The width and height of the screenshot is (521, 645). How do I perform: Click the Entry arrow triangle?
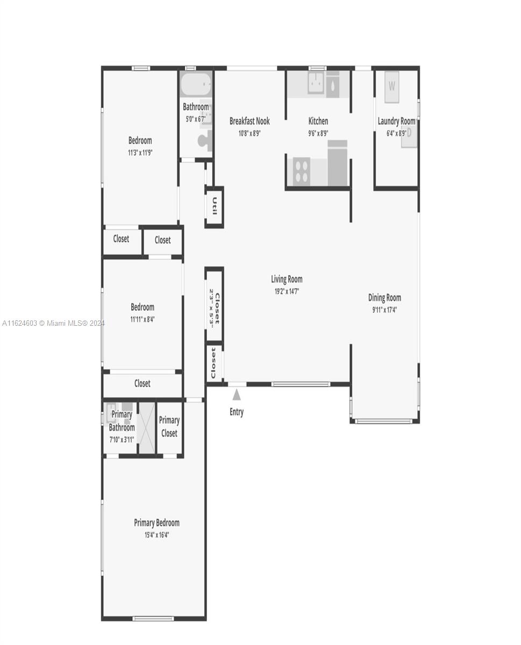[236, 395]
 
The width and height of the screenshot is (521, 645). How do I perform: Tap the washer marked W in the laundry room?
[391, 87]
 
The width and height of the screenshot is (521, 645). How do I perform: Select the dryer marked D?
[409, 134]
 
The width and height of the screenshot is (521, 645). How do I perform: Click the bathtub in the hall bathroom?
[196, 84]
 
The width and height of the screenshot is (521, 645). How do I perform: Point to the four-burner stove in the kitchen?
[302, 171]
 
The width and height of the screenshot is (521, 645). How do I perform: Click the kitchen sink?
[316, 82]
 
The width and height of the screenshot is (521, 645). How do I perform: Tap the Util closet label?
[215, 206]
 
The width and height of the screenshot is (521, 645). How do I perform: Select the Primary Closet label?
[169, 426]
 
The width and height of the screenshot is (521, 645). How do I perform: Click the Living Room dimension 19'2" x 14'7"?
[287, 291]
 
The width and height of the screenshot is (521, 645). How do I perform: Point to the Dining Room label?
[384, 298]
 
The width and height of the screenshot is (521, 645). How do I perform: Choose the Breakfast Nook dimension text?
[249, 133]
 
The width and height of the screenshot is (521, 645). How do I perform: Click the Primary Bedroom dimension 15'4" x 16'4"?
[156, 535]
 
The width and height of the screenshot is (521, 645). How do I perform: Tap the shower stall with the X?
[147, 427]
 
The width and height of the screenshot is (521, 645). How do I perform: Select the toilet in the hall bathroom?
[205, 140]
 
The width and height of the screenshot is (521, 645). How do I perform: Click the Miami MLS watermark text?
[53, 323]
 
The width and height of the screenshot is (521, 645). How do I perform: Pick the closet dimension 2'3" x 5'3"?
[212, 309]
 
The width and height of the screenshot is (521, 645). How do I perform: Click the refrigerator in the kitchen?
[338, 163]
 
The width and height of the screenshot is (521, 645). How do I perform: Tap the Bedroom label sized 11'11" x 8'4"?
[142, 307]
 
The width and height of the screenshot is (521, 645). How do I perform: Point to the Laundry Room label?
[396, 121]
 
